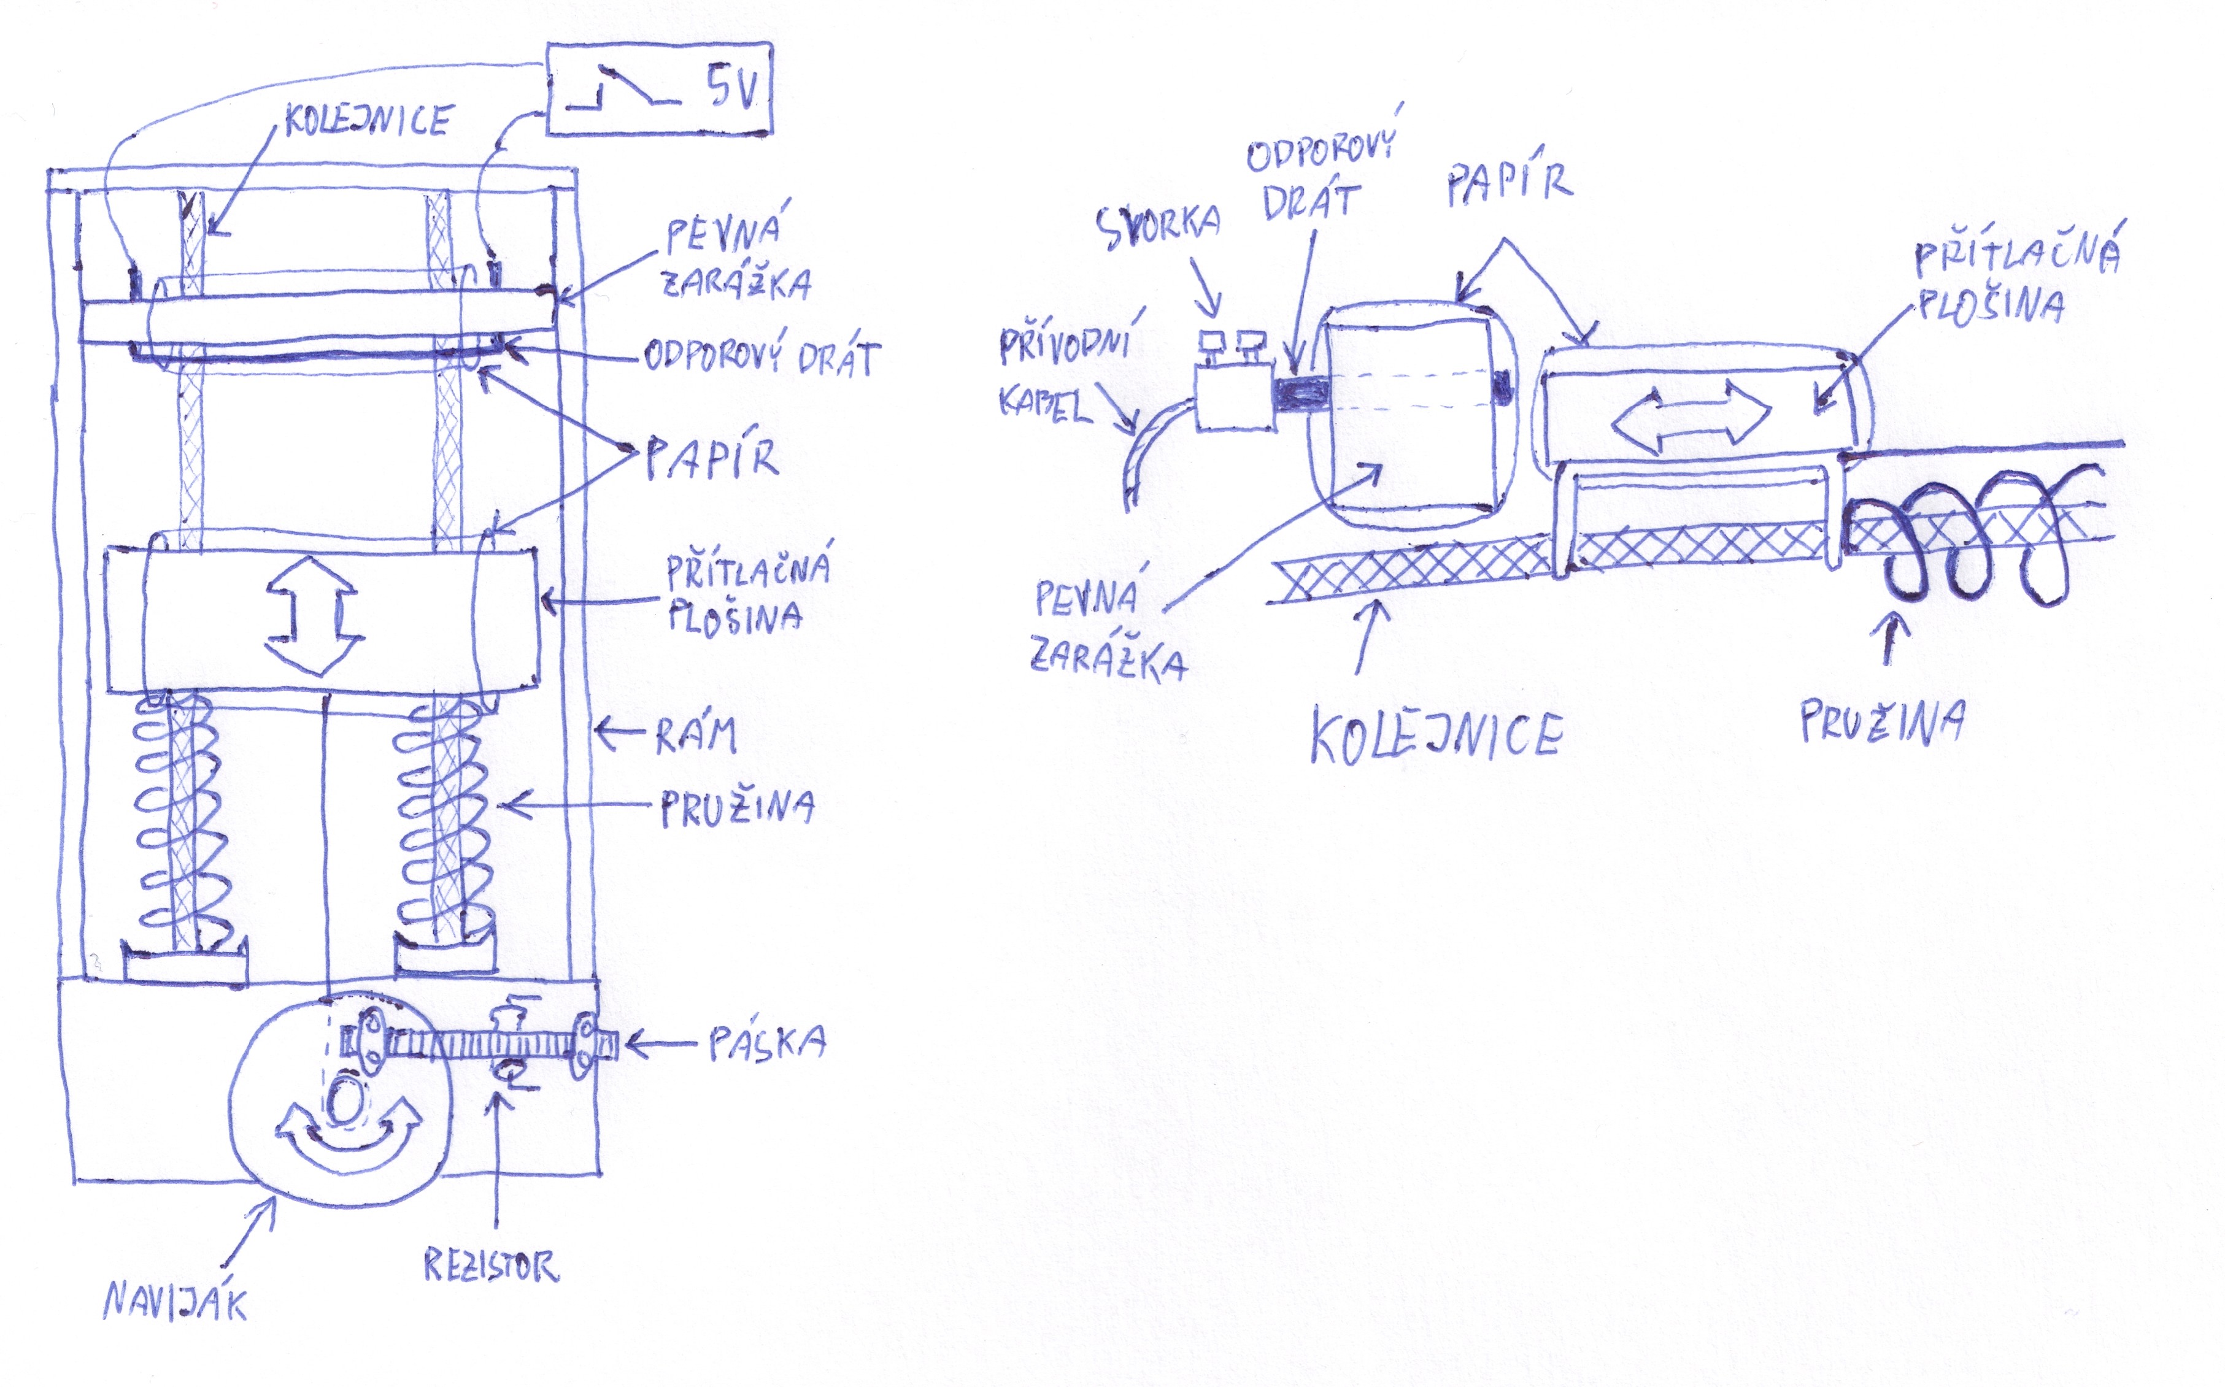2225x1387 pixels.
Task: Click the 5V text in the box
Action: [x=731, y=89]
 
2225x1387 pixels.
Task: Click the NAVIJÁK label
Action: [x=174, y=1301]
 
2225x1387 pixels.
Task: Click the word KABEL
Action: [x=1045, y=404]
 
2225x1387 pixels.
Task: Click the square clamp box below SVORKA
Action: [x=1234, y=396]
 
